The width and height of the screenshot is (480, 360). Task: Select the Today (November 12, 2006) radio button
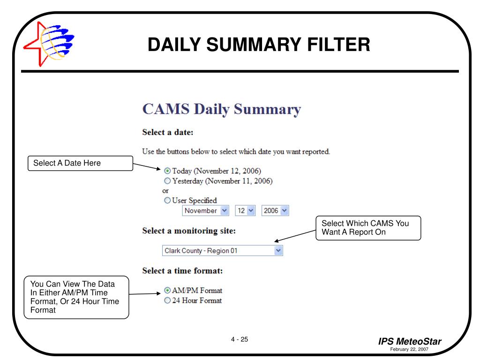(x=168, y=171)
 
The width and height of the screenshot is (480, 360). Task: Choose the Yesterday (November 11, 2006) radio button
(x=168, y=181)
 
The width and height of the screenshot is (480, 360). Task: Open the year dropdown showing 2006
(x=275, y=211)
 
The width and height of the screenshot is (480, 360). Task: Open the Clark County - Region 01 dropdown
(x=223, y=251)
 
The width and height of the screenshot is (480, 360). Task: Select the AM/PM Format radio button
(x=168, y=291)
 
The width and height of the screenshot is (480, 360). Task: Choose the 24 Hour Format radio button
(x=168, y=300)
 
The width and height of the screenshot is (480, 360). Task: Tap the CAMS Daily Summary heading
(x=221, y=109)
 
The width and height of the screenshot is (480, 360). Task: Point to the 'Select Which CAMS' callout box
(x=368, y=228)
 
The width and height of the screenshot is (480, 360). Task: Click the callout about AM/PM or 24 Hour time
(x=76, y=297)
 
